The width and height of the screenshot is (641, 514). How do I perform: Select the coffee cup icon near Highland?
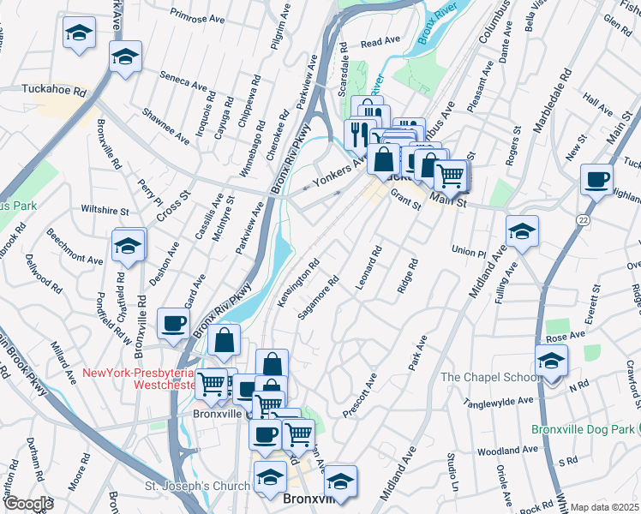596,180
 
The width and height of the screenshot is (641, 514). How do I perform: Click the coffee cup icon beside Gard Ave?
173,324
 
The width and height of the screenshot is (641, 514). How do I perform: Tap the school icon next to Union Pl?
522,231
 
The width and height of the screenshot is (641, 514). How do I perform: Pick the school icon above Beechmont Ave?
128,246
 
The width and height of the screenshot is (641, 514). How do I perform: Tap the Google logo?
28,503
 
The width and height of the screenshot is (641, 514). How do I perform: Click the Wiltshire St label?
104,210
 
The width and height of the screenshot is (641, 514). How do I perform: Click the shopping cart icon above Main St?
451,175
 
